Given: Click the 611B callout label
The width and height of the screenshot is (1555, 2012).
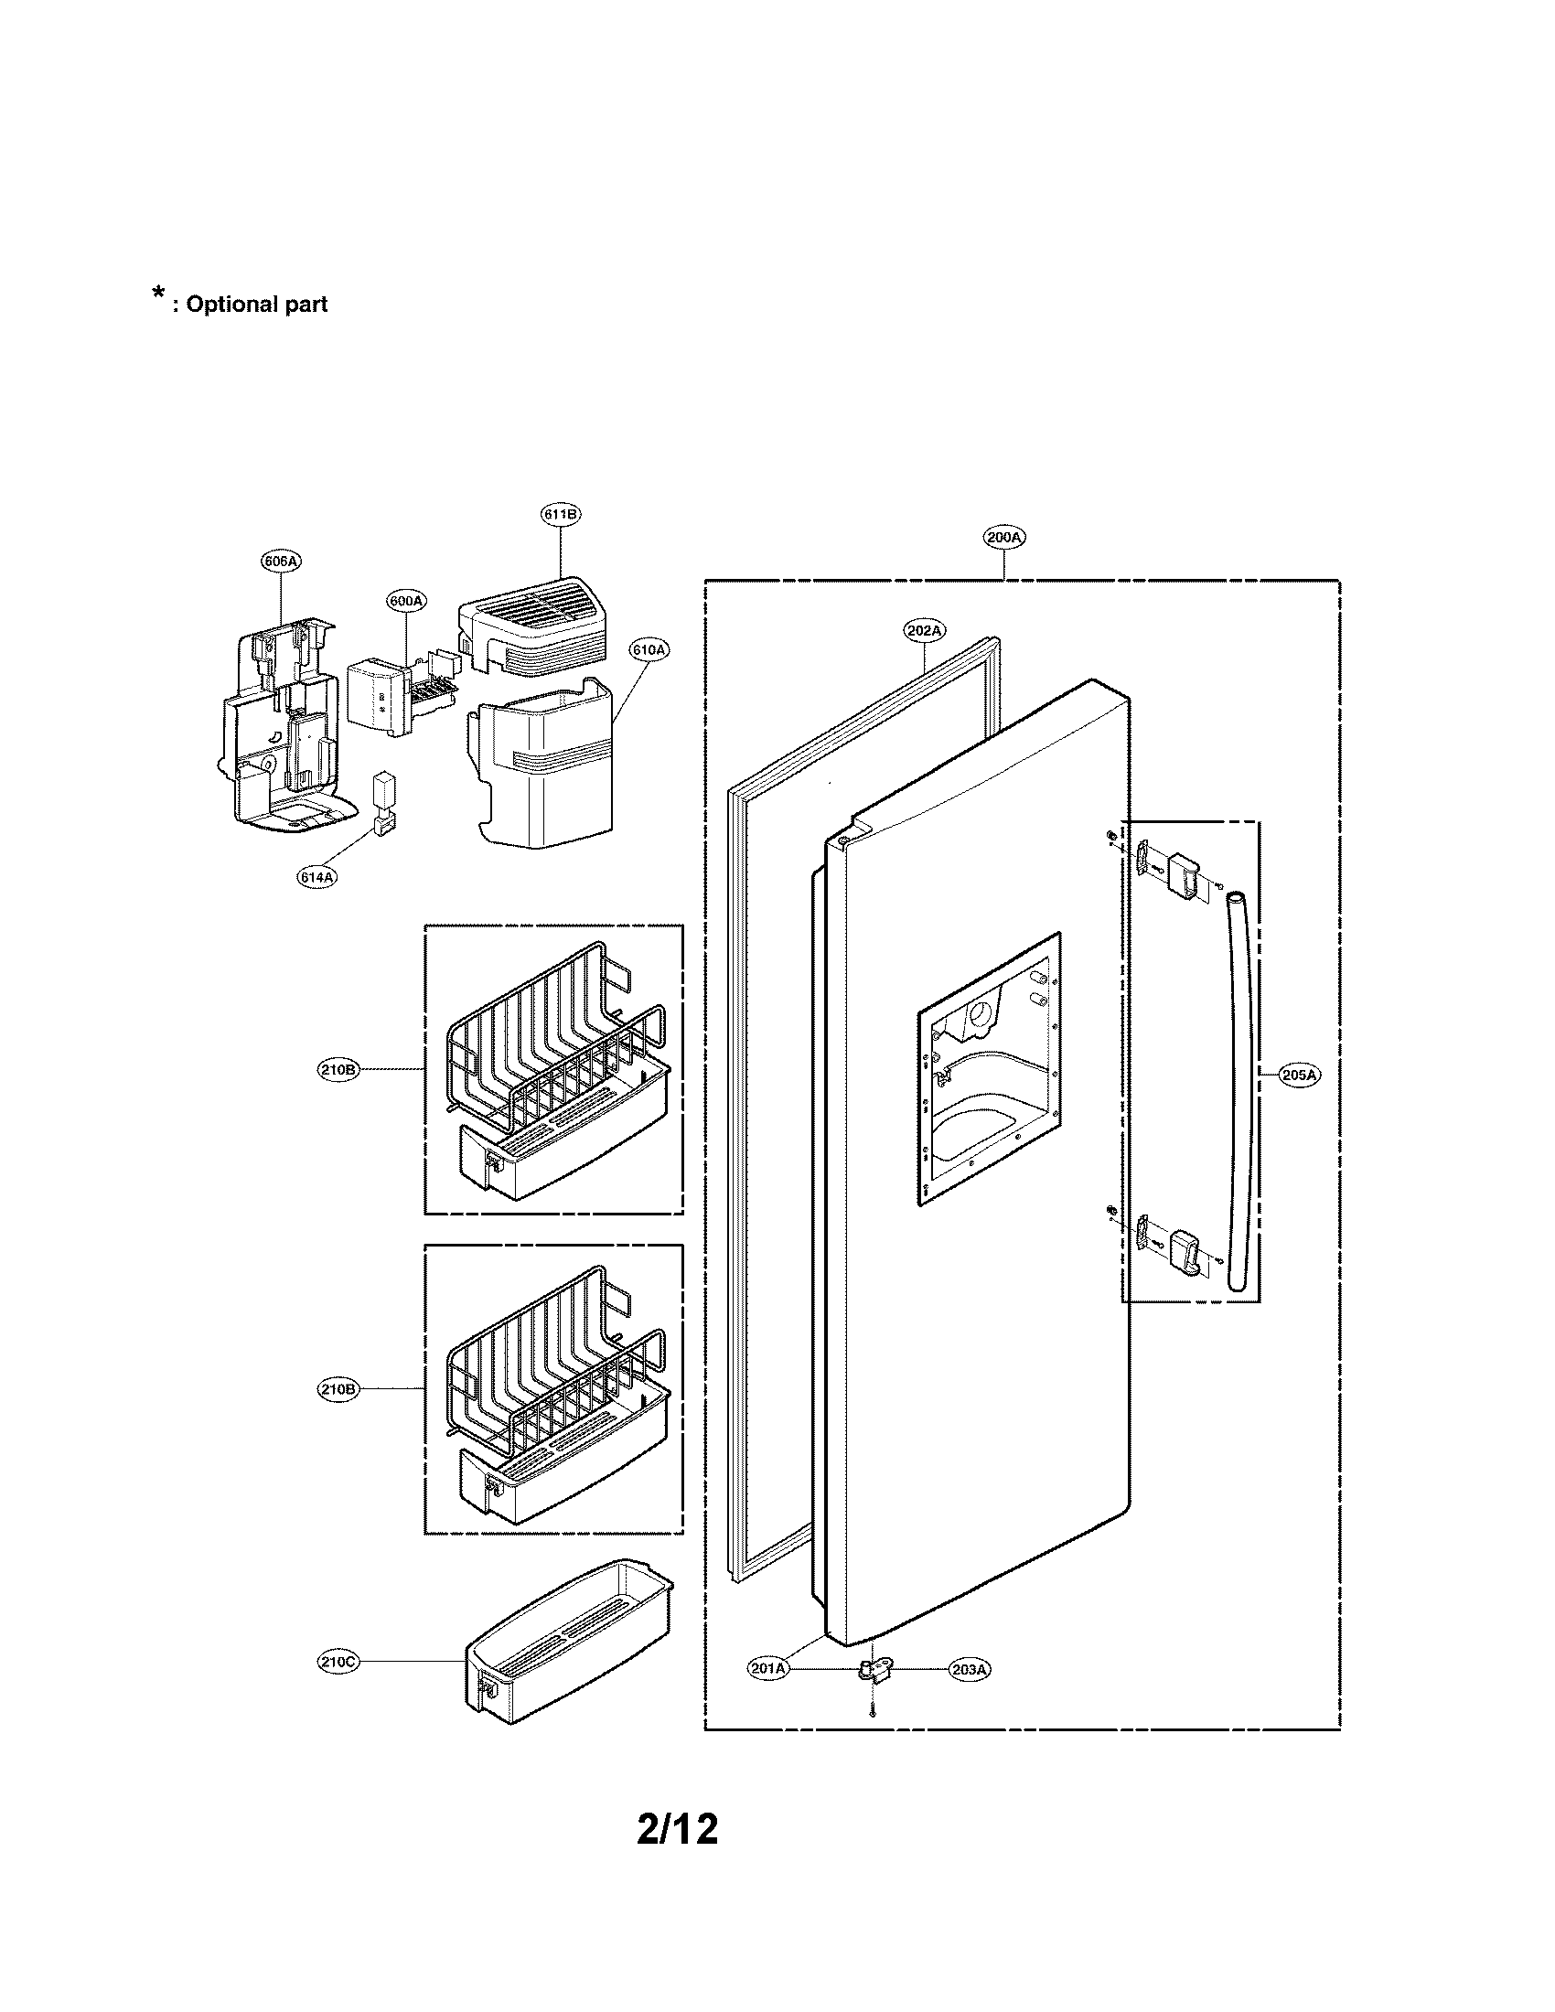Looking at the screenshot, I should pyautogui.click(x=561, y=514).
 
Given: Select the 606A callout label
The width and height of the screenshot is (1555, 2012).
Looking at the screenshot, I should pyautogui.click(x=282, y=561).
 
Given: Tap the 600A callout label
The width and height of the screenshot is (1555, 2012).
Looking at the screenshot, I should pyautogui.click(x=405, y=601).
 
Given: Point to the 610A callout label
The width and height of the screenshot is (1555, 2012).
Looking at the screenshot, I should pyautogui.click(x=649, y=649).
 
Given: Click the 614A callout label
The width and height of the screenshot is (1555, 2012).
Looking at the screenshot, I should pyautogui.click(x=316, y=878).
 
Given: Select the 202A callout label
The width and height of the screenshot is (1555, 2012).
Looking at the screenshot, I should pyautogui.click(x=923, y=631).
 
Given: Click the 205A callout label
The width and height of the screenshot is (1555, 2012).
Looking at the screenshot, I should pyautogui.click(x=1299, y=1075).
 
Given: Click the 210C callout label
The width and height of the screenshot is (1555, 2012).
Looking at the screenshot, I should pyautogui.click(x=338, y=1662).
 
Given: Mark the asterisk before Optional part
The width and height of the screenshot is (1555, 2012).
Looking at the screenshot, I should pyautogui.click(x=158, y=294).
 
